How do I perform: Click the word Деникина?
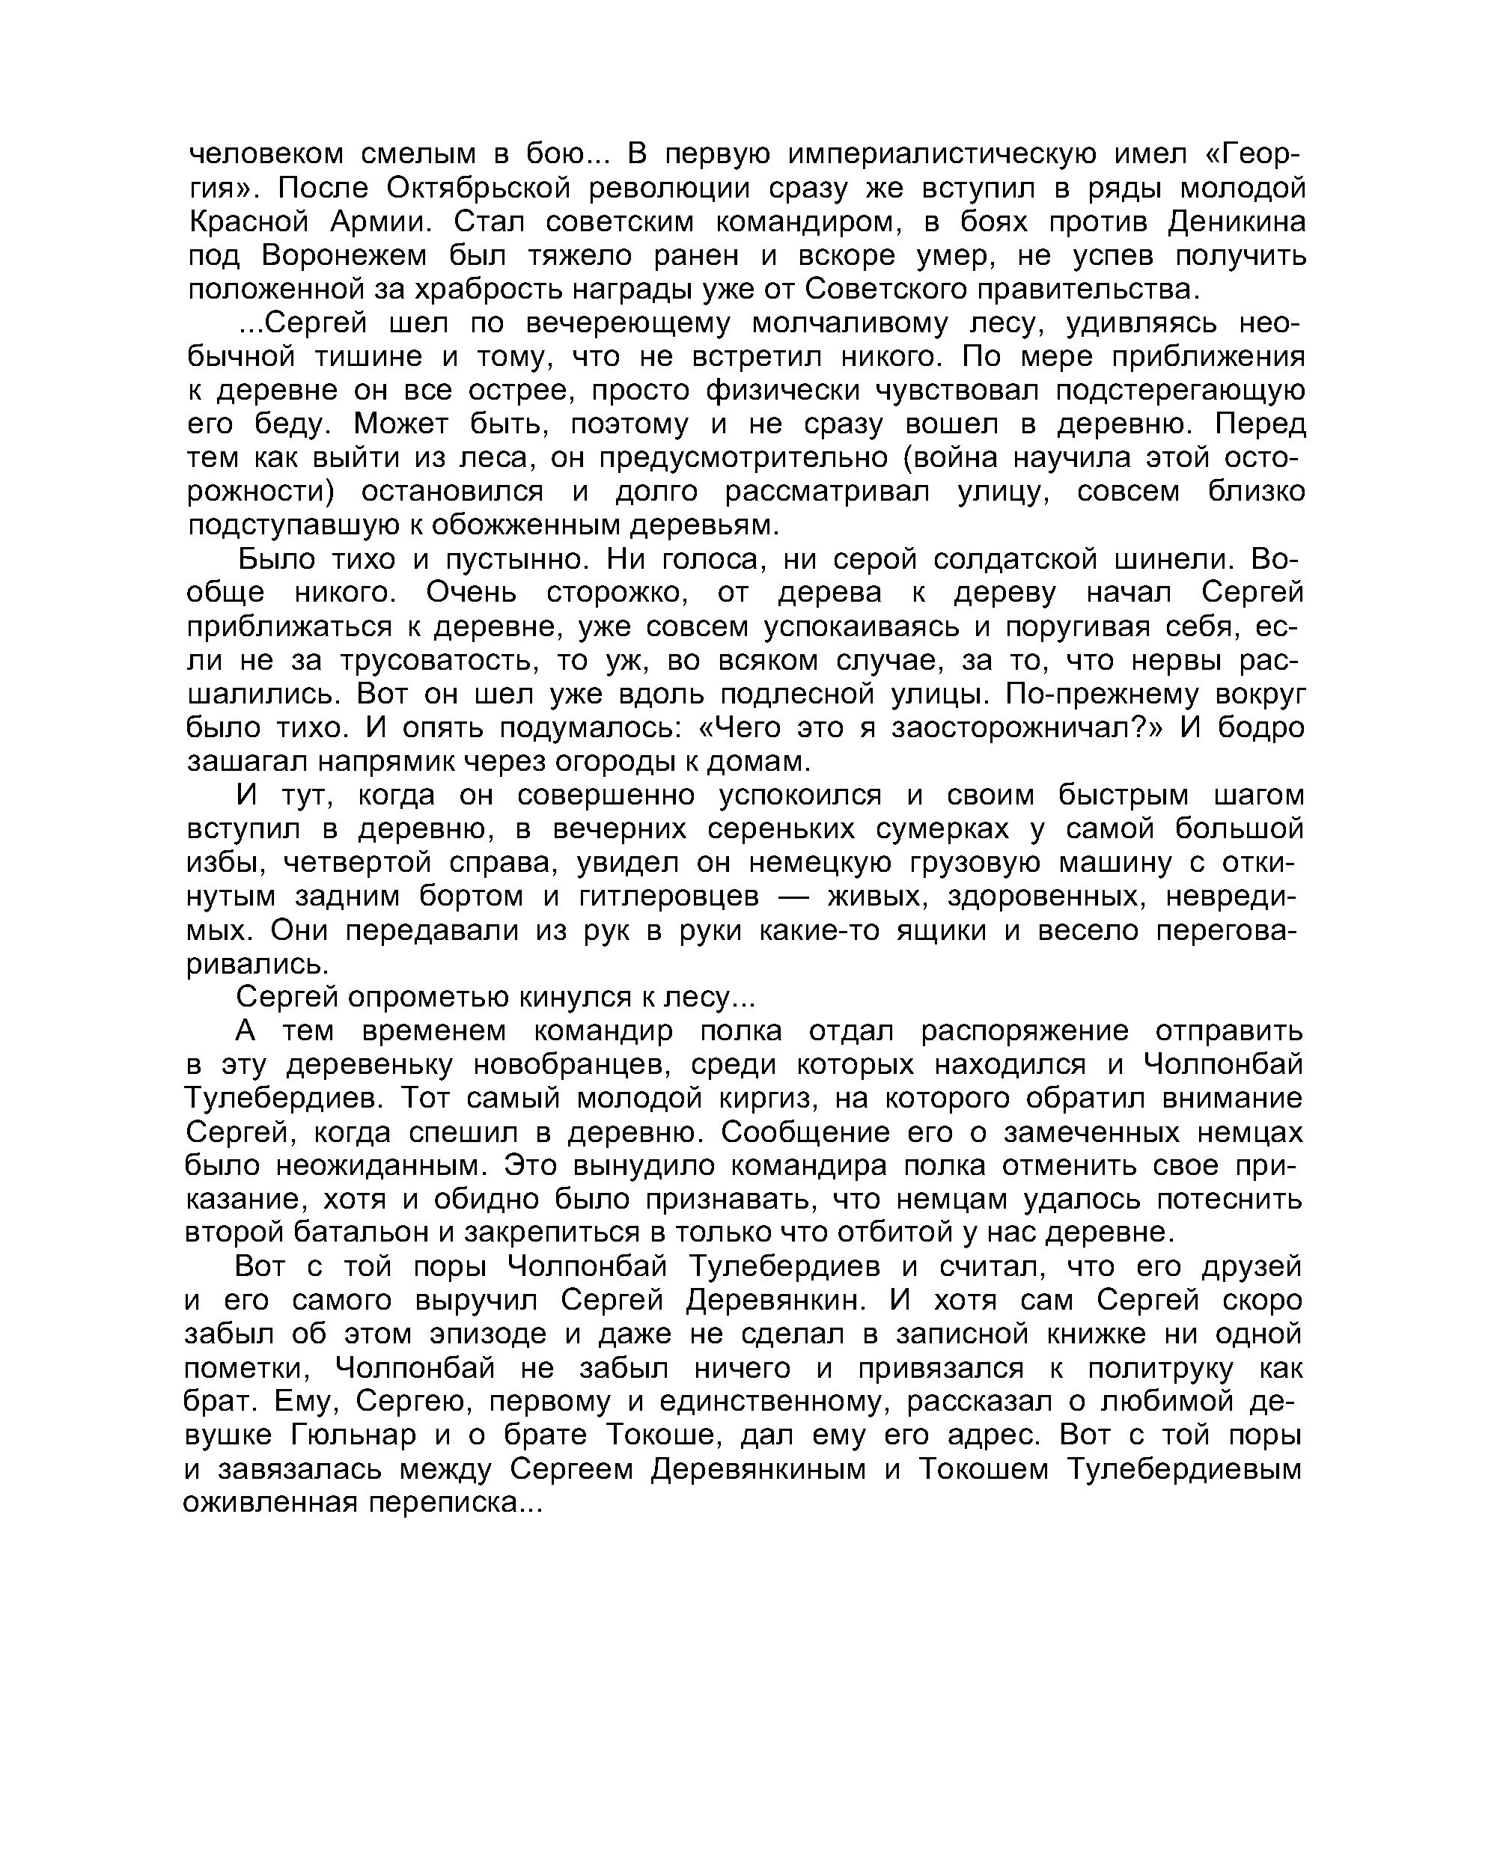point(1236,222)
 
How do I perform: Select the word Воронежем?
point(344,256)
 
